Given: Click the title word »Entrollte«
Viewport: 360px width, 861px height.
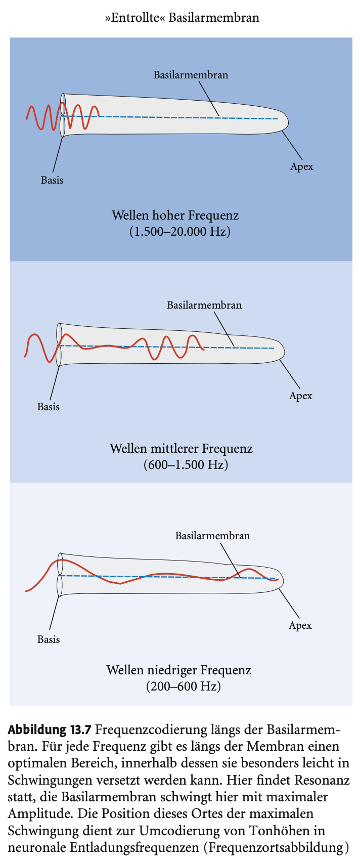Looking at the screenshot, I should (134, 18).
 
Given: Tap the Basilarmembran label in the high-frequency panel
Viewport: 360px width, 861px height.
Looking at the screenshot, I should (191, 75).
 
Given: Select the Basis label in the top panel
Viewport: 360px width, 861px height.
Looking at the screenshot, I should (52, 180).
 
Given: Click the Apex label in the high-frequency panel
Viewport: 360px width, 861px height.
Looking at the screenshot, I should (301, 167).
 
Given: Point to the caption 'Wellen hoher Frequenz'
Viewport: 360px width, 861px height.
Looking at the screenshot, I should (175, 216).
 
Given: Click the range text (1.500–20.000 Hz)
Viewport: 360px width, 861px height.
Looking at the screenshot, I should (179, 232).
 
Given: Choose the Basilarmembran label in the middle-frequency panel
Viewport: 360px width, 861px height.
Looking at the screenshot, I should (204, 305).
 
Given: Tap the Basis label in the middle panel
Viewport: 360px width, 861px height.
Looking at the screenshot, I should (49, 407).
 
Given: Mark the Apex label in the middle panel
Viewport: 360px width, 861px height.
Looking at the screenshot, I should (300, 396).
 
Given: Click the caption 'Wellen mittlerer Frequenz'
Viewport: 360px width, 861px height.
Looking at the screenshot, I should (181, 448).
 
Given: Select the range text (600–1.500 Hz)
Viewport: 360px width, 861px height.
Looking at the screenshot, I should (186, 464).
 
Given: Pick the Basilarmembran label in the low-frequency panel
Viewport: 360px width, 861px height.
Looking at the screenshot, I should (212, 535).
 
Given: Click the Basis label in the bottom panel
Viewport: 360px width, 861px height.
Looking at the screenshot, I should (49, 639).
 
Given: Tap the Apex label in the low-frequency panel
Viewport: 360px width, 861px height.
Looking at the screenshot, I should (300, 626).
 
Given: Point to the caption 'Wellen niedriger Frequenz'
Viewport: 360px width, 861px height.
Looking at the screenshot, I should (178, 671).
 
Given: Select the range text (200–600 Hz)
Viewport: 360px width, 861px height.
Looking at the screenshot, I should (184, 687).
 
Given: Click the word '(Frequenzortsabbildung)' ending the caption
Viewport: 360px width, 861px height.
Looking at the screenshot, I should (277, 848).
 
